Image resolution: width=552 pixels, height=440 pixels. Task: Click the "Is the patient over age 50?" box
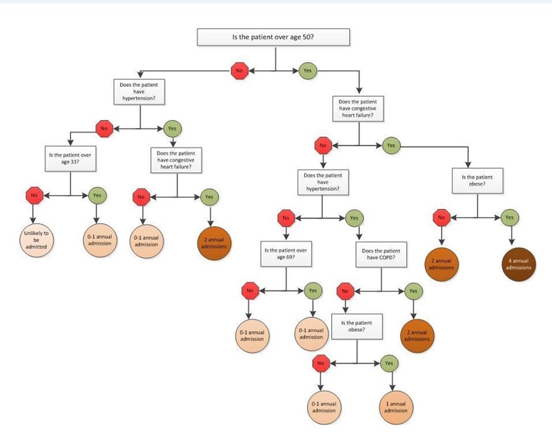(x=273, y=37)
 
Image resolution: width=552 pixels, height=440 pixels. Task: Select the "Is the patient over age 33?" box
(x=70, y=159)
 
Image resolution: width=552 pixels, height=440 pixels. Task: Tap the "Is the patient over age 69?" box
(x=286, y=254)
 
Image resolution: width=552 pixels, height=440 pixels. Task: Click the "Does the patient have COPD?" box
(x=382, y=254)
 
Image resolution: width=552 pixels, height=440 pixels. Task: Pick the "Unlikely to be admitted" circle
(x=37, y=240)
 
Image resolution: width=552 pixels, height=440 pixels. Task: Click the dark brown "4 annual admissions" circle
(x=519, y=264)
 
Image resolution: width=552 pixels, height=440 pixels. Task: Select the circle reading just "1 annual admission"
(x=395, y=408)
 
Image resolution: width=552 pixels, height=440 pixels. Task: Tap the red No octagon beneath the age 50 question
(x=239, y=70)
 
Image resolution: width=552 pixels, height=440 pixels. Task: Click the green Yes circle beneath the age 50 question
(x=308, y=70)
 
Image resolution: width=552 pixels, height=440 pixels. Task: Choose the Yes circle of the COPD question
(x=413, y=291)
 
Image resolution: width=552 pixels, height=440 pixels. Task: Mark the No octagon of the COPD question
(x=346, y=291)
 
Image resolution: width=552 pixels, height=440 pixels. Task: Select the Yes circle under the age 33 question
(x=97, y=195)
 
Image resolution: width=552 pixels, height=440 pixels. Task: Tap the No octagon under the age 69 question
(x=250, y=291)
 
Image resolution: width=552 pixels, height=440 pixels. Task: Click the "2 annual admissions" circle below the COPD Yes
(x=417, y=336)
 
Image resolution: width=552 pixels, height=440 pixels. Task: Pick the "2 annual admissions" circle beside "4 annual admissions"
(x=442, y=264)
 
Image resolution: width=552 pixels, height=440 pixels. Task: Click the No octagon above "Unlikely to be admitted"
(x=34, y=195)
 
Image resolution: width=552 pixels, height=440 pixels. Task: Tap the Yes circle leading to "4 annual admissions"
(x=509, y=217)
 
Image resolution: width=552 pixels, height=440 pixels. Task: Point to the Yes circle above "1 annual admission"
(x=389, y=363)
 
